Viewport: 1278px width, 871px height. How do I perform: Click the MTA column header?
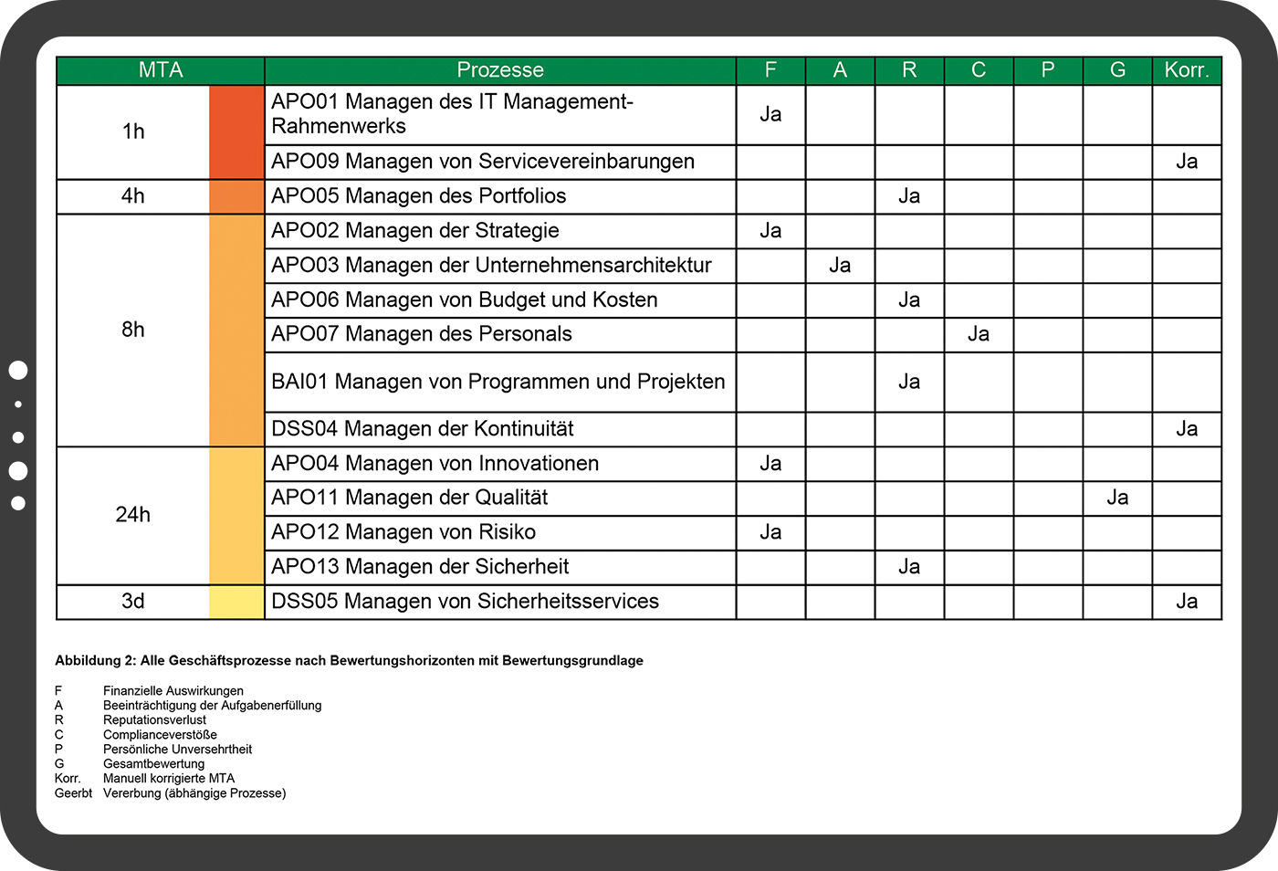[161, 70]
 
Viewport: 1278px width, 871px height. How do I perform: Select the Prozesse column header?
[499, 70]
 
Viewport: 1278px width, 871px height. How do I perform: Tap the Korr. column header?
[1186, 70]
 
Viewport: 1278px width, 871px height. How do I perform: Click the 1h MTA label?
[133, 131]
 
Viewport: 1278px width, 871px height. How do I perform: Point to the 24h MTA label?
[133, 515]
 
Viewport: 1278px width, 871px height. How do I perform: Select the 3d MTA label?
[133, 602]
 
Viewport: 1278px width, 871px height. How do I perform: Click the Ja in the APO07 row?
[979, 334]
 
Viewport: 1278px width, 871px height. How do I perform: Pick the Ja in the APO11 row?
[1117, 498]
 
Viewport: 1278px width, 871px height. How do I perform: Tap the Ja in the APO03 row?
[840, 266]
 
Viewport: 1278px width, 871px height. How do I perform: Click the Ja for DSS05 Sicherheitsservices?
[1186, 602]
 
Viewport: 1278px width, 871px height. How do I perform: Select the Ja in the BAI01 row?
[909, 382]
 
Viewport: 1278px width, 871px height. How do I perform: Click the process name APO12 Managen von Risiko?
[403, 532]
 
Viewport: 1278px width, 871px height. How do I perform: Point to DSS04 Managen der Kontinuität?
[423, 429]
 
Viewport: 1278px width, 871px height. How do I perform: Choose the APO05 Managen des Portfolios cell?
[419, 196]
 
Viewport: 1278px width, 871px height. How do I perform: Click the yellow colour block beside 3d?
[236, 602]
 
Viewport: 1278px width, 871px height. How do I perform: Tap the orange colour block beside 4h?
[236, 196]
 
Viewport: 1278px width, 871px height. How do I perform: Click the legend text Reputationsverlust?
[154, 720]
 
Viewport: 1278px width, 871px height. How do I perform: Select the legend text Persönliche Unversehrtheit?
[177, 750]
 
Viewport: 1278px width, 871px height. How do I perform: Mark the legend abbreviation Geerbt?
[73, 793]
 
